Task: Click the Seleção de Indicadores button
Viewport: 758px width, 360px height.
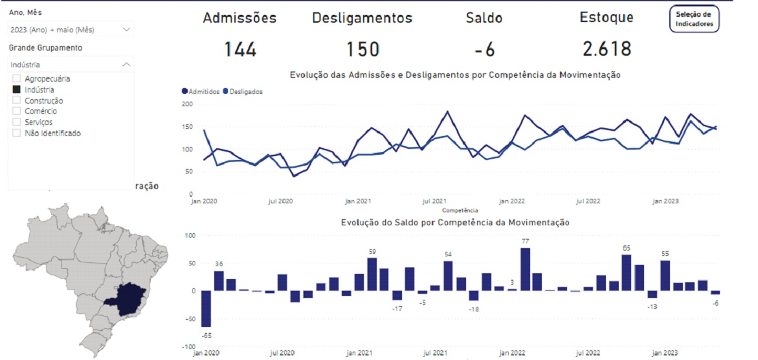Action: tap(694, 19)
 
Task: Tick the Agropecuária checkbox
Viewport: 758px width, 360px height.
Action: tap(17, 79)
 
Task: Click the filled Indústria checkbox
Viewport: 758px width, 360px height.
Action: tap(17, 90)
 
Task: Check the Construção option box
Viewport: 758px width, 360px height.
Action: tap(17, 101)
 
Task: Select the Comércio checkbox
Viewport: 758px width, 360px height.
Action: tap(17, 111)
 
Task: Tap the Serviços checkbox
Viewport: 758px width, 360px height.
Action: tap(17, 122)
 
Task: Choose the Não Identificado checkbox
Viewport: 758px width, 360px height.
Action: tap(17, 133)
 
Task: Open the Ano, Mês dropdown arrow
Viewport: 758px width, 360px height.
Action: tap(126, 29)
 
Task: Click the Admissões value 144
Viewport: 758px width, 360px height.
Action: tap(240, 49)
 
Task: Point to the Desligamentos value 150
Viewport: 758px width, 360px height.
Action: tap(362, 49)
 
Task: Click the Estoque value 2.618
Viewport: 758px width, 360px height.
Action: tap(606, 49)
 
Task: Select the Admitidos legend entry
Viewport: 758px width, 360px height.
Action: tap(201, 92)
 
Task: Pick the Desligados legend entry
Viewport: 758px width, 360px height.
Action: tap(243, 92)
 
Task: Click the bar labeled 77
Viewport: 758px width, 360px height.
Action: tap(525, 269)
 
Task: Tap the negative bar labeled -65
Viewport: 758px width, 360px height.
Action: tap(206, 309)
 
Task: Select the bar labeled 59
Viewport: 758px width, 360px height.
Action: tap(372, 275)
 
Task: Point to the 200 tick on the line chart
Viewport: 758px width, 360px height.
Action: tap(187, 104)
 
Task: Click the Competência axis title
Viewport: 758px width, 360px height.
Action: tap(460, 210)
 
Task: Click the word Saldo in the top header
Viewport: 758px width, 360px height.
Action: tap(484, 18)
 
